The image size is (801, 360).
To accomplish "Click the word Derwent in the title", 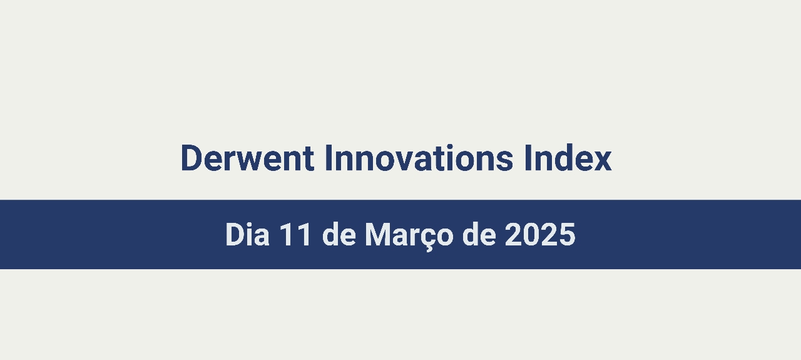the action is [x=247, y=158].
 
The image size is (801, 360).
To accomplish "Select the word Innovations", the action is [x=419, y=158].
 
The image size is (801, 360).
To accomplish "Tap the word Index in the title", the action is [x=568, y=158].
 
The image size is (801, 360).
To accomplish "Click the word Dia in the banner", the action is [x=247, y=234].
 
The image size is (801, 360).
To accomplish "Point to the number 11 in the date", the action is [x=295, y=234].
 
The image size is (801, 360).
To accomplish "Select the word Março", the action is [x=409, y=236].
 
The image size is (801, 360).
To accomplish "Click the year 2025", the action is [x=540, y=234].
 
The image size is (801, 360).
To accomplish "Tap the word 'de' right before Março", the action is [x=339, y=234].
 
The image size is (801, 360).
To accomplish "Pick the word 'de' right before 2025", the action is [x=479, y=234].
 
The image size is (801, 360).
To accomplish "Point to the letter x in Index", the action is [x=601, y=162].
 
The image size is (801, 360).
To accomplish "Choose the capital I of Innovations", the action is [x=329, y=158].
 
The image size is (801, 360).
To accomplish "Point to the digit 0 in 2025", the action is [x=531, y=234].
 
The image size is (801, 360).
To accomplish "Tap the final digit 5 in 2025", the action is [x=567, y=234].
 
